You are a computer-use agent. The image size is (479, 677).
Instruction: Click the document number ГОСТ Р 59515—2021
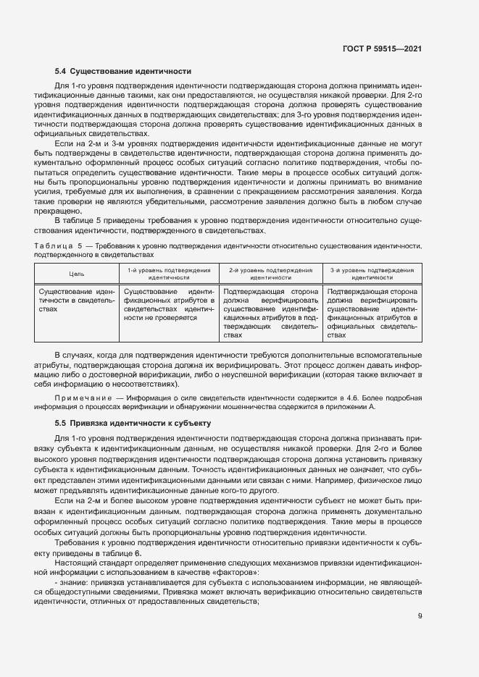[x=382, y=49]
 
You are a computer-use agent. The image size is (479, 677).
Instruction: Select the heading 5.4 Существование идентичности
[x=122, y=72]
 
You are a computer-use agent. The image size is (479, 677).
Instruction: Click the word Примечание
[x=80, y=398]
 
